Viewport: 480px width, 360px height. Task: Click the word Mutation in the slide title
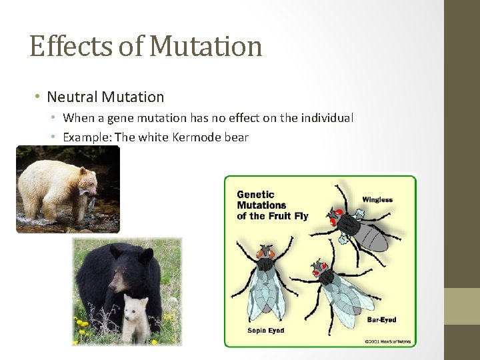coord(206,47)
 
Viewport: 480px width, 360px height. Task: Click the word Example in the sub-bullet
coord(87,137)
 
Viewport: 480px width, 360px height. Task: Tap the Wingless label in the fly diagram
coord(377,199)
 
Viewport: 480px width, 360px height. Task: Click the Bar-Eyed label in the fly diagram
coord(381,320)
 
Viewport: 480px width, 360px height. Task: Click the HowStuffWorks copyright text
coord(387,342)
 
